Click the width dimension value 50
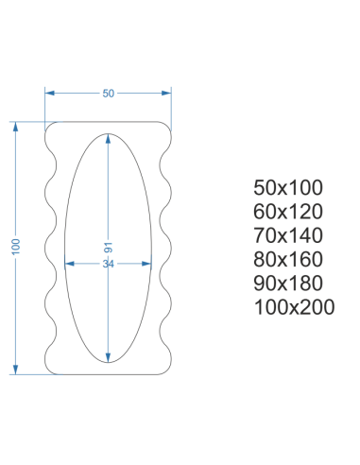109,94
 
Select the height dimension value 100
16,247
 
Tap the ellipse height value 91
108,248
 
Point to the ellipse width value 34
108,264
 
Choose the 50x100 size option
288,187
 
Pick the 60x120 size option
288,212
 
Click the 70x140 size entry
288,235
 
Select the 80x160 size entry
288,259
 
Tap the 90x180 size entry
288,284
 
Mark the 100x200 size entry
294,307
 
